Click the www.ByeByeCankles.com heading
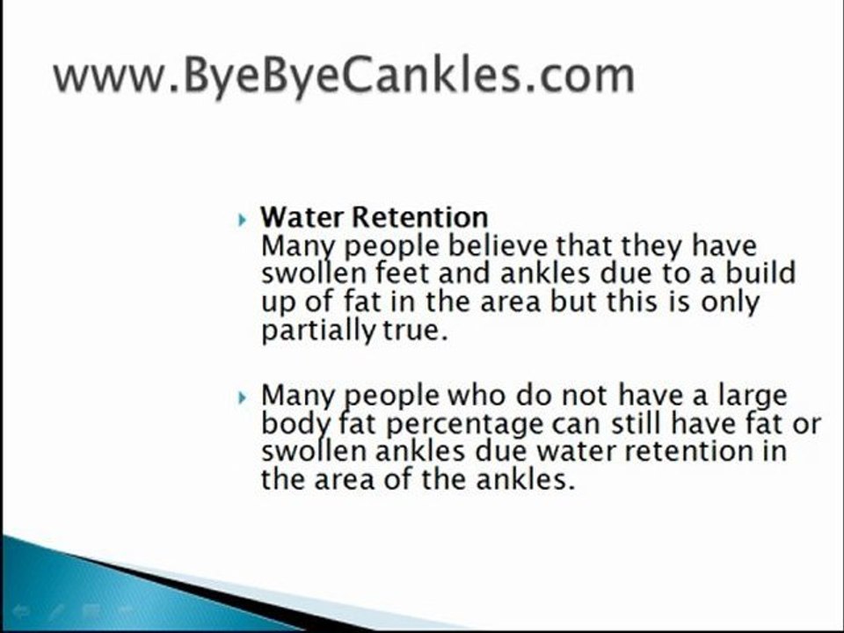pos(343,76)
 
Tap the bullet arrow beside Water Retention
pos(244,218)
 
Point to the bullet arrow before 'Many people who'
pos(244,397)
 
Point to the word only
pos(725,303)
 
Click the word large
pos(750,396)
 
